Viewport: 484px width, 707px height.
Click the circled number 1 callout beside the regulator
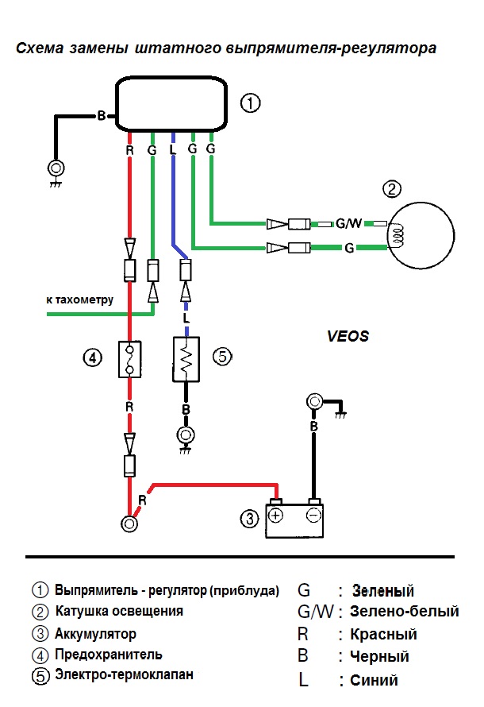(250, 103)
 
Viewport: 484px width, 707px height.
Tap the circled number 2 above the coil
(392, 189)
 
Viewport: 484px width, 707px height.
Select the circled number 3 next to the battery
(249, 520)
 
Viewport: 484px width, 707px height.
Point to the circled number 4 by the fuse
(93, 357)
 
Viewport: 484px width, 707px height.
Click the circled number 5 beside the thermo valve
(222, 357)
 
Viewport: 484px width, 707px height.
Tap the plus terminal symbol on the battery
(276, 516)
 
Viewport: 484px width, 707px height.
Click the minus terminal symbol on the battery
(313, 516)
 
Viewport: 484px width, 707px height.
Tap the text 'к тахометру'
(80, 300)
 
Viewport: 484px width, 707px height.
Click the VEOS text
(348, 336)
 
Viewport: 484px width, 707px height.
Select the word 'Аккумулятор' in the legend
(95, 634)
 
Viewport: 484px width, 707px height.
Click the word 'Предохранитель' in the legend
(109, 655)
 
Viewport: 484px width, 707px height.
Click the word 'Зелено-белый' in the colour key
(405, 612)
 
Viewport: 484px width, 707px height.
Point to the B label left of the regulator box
(102, 116)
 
